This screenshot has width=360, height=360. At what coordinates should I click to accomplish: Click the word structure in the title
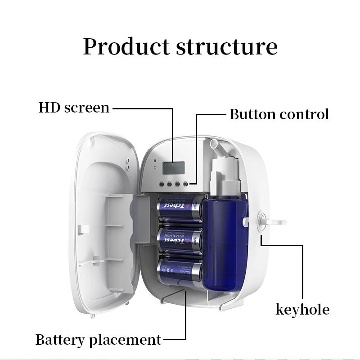(226, 47)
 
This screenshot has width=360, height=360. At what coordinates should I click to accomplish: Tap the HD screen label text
(74, 108)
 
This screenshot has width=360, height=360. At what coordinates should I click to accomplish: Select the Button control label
(279, 114)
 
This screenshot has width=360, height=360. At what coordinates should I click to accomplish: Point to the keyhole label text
(302, 310)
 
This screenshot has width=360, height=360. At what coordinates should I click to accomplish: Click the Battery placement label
(98, 339)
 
